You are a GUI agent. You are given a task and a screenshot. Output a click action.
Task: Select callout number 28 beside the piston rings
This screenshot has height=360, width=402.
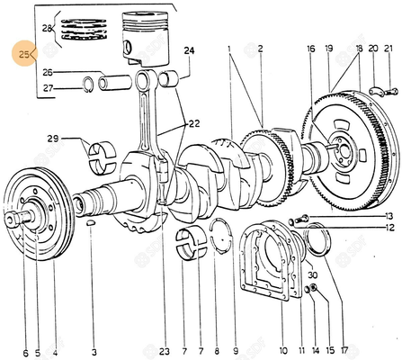pos(47,30)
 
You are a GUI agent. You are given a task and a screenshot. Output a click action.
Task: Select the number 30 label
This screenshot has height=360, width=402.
pos(311,275)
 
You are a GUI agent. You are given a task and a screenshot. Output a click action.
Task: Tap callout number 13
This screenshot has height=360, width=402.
pos(389,216)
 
